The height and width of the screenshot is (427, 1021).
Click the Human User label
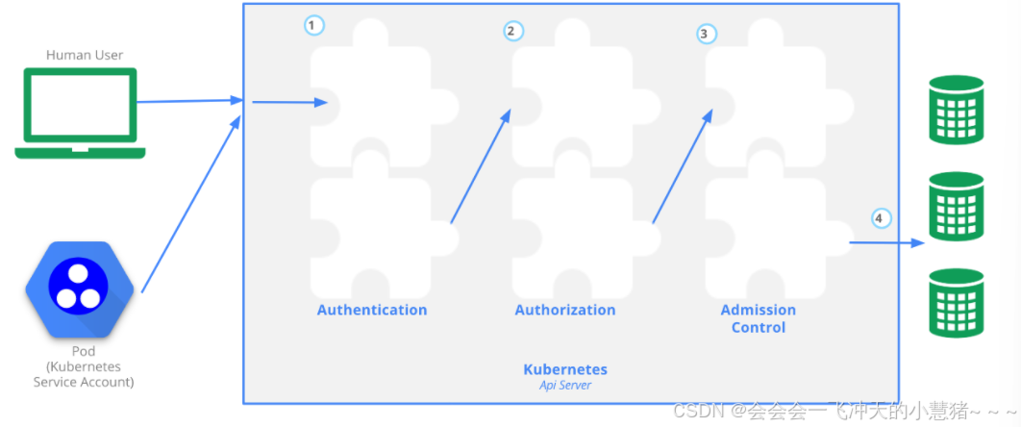point(85,55)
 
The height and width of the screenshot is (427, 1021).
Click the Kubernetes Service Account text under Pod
point(84,374)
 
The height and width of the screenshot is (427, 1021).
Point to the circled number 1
point(313,26)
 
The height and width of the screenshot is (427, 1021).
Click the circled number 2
point(513,31)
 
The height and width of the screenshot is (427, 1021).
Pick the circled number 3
point(707,34)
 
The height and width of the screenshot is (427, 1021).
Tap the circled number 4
point(881,218)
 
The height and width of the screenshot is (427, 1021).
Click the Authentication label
point(372,310)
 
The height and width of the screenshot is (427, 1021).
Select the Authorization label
point(565,310)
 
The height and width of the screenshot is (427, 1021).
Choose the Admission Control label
point(759,318)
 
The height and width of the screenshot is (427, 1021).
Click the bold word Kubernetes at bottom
point(565,369)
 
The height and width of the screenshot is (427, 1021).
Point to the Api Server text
point(565,386)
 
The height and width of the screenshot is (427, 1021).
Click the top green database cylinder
point(956,110)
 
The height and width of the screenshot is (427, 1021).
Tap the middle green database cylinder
point(956,206)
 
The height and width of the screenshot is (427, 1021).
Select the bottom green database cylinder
point(956,302)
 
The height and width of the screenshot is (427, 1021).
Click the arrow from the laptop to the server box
point(187,101)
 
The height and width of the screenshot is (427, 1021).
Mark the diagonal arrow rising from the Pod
point(190,204)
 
